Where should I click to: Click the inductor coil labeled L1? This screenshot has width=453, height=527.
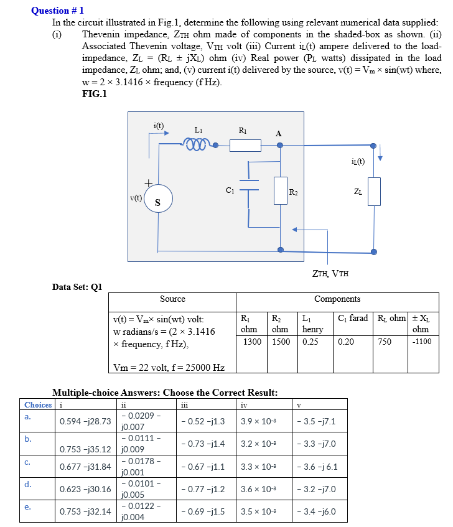198,145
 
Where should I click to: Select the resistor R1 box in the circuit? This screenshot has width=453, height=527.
245,145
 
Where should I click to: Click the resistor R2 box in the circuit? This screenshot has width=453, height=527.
280,190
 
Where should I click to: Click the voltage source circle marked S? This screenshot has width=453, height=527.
157,200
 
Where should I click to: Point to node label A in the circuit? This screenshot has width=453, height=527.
278,133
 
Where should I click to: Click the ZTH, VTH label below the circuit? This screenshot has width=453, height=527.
330,272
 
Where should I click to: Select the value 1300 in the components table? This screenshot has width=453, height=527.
252,341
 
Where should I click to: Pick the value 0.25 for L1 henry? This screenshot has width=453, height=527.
309,341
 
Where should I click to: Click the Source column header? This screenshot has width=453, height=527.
172,299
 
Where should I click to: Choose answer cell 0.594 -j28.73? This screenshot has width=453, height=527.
85,421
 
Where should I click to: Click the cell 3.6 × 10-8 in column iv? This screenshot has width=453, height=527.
257,488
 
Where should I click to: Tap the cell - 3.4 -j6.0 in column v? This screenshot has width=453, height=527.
319,512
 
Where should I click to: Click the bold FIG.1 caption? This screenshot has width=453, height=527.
95,94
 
